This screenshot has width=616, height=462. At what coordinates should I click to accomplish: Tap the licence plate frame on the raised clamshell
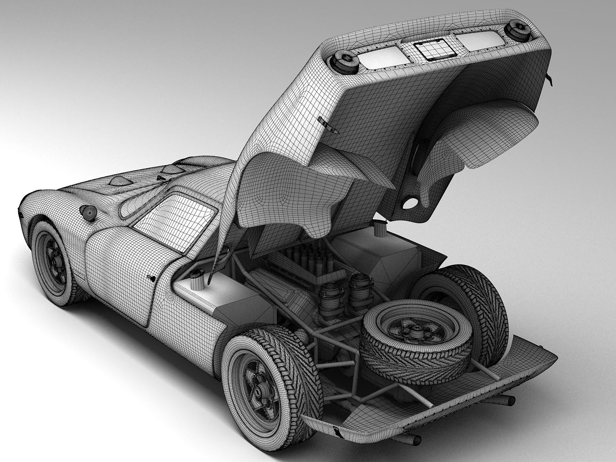click(x=434, y=49)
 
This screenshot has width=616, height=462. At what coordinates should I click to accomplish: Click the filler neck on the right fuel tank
click(x=380, y=229)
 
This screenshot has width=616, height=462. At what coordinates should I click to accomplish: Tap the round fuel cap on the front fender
click(x=88, y=213)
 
